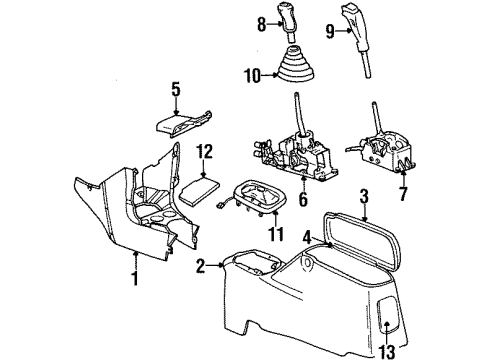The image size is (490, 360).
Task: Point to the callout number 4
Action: [x=307, y=236]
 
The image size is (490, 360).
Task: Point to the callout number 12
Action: [x=204, y=151]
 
